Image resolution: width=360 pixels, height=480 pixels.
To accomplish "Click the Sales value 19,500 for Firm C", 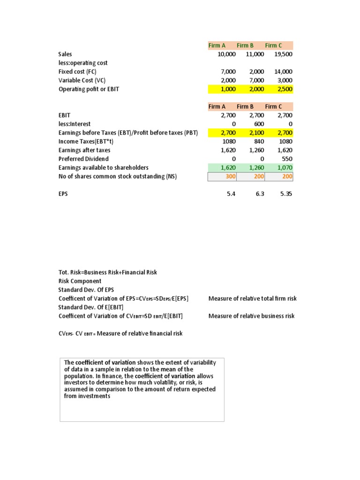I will [283, 54].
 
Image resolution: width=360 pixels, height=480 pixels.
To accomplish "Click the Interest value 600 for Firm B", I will [259, 124].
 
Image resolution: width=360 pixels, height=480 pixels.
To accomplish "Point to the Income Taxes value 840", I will [258, 142].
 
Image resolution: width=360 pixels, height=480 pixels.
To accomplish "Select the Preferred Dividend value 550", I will [286, 159].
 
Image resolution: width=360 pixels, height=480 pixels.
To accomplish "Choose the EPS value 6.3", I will [259, 194].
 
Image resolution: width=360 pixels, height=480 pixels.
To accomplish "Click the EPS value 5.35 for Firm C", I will [285, 194].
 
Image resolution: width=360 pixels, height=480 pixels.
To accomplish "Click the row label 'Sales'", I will [65, 54].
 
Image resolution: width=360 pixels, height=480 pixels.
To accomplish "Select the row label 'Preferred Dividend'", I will [84, 159].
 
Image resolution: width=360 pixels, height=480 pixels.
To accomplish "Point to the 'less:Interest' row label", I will [75, 124].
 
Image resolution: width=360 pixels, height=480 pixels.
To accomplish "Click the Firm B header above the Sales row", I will [245, 45].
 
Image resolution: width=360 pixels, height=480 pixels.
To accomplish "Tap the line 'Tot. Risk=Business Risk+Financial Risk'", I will [108, 272].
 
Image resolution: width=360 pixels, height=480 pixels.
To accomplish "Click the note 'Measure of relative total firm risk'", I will [252, 299].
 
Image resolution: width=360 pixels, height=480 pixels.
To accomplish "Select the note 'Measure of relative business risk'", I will [251, 316].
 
